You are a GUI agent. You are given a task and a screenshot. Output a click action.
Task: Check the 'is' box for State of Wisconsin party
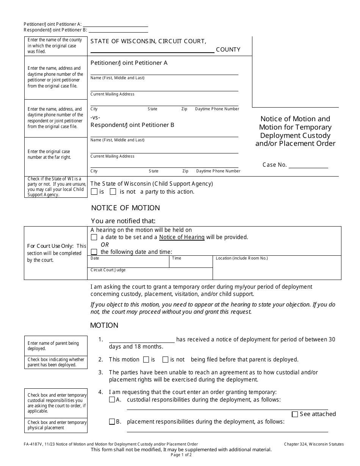[x=94, y=192]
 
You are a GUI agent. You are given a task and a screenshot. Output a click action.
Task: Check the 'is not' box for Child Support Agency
[x=113, y=192]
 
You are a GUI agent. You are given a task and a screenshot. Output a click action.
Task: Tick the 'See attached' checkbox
[x=295, y=414]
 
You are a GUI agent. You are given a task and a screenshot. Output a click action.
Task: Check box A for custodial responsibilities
[x=112, y=399]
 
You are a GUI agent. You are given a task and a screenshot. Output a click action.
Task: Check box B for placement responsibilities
[x=112, y=421]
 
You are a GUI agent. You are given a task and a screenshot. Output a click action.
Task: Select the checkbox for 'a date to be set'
[x=94, y=237]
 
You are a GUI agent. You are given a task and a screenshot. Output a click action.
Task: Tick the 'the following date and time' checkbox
[x=94, y=252]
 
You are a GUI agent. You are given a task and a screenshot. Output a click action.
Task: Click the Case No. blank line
[x=308, y=165]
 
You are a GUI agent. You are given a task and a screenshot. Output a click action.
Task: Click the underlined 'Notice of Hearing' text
[x=182, y=237]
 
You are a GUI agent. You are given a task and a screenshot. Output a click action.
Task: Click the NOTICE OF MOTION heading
[x=125, y=208]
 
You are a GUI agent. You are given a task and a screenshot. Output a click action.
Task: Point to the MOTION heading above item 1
[x=104, y=325]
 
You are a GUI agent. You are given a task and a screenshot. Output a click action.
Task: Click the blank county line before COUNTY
[x=152, y=50]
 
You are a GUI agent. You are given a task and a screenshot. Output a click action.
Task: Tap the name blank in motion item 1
[x=142, y=339]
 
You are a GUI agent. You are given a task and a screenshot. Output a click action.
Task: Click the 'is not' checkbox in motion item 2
[x=165, y=360]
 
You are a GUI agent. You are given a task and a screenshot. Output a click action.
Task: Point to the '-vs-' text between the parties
[x=95, y=117]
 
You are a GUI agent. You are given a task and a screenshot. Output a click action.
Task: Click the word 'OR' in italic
[x=105, y=245]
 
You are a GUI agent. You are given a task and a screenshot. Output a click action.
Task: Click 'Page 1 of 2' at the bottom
[x=181, y=455]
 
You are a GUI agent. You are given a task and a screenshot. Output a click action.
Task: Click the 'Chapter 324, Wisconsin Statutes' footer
[x=314, y=444]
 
